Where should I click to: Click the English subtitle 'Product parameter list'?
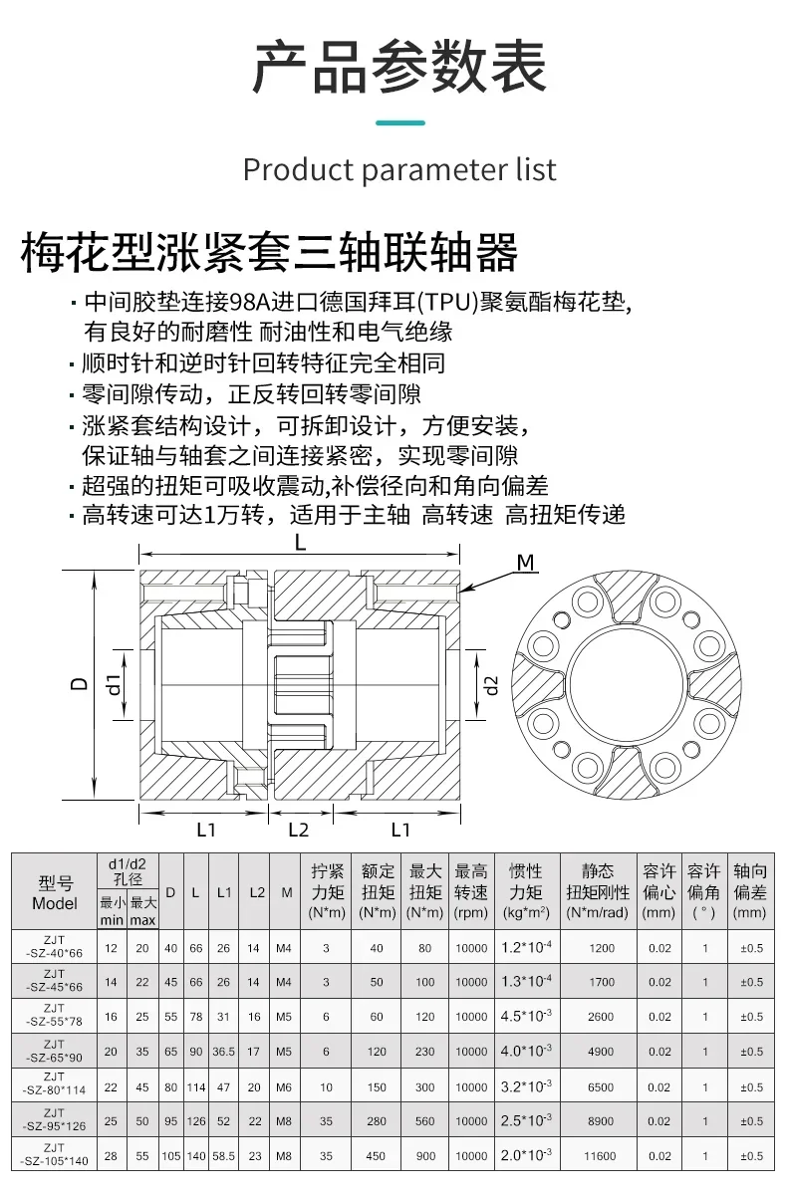click(x=399, y=168)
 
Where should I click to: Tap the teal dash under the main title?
click(x=399, y=122)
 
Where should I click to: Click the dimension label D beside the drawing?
click(x=79, y=684)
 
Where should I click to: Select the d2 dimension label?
click(x=490, y=684)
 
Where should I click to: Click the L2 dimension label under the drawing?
click(x=298, y=830)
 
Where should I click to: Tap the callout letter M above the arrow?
click(x=526, y=564)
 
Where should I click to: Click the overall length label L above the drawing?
click(x=300, y=543)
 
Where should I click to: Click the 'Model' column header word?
click(x=55, y=904)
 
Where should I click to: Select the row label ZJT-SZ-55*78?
click(x=55, y=1017)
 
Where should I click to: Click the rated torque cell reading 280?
click(x=377, y=1120)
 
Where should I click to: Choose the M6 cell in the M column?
click(x=286, y=1086)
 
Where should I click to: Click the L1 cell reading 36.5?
click(x=224, y=1052)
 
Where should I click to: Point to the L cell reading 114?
click(x=196, y=1086)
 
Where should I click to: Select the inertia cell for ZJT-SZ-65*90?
click(x=525, y=1051)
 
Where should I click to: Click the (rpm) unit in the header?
click(x=471, y=912)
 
